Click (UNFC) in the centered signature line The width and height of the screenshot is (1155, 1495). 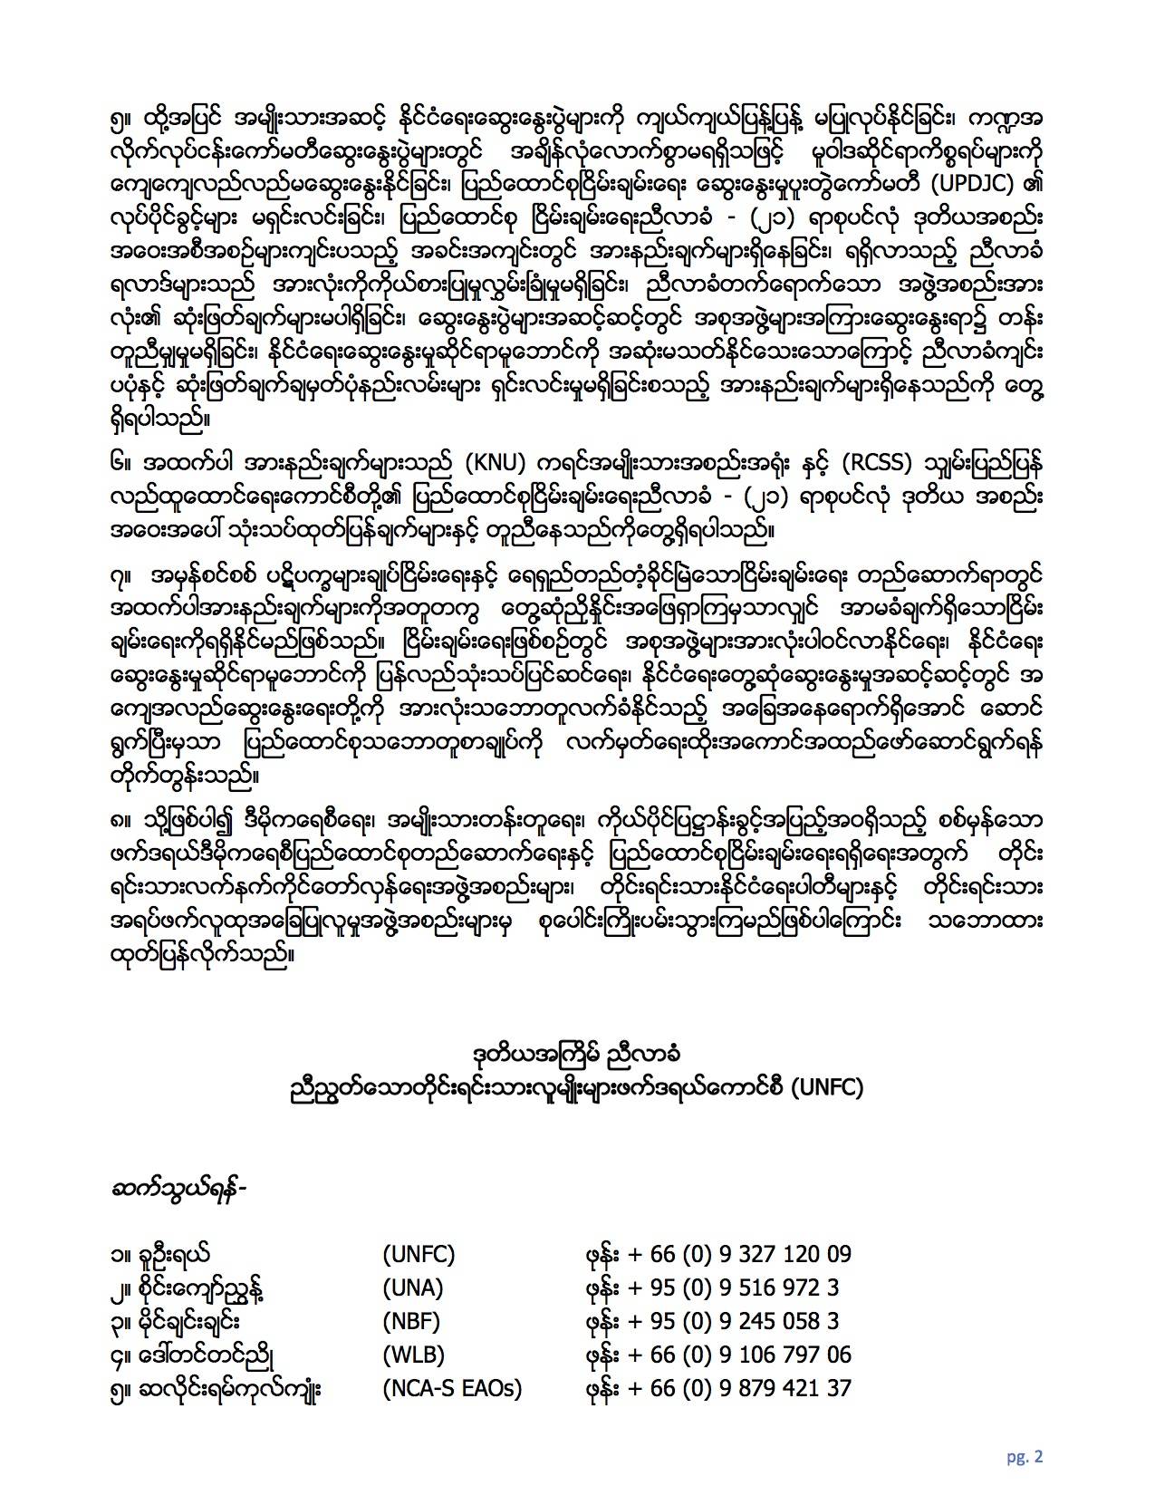[827, 1088]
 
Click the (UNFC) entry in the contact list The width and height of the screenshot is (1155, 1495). [418, 1255]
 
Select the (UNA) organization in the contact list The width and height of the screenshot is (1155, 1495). [412, 1288]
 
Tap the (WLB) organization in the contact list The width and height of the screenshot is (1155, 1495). [413, 1355]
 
